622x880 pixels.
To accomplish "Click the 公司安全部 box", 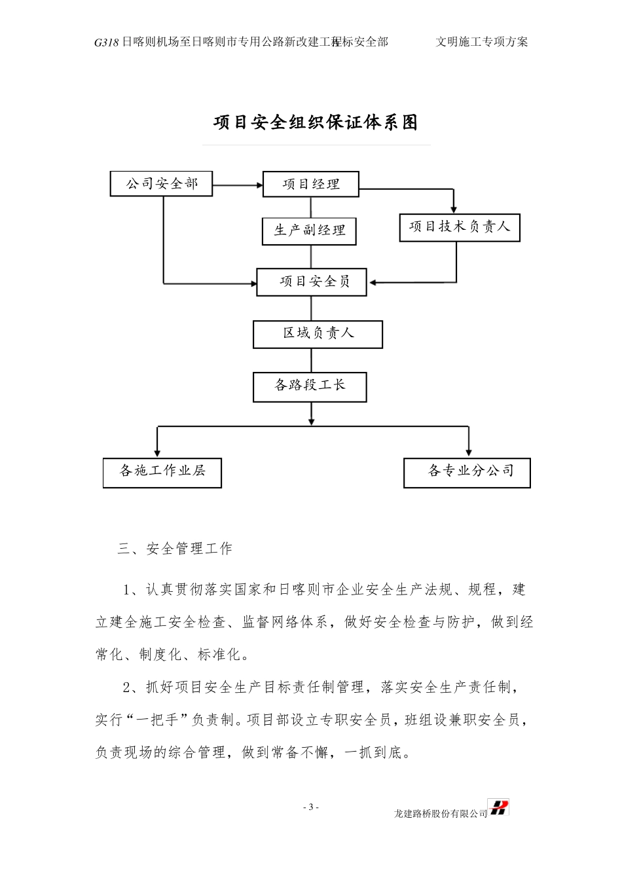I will (x=161, y=184).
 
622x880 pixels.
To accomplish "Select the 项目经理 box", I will (x=310, y=184).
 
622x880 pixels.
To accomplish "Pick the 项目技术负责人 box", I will (x=460, y=227).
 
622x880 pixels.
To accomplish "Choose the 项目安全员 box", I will (x=312, y=282).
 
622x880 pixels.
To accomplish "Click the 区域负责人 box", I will (x=318, y=334).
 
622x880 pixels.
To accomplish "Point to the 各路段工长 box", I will (x=310, y=386).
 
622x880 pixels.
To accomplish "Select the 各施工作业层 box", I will (x=162, y=472).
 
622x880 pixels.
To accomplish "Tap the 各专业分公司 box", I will (x=467, y=472).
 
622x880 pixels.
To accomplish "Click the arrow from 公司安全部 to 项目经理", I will (x=237, y=185).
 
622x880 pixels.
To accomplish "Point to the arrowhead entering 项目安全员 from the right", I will (x=373, y=283).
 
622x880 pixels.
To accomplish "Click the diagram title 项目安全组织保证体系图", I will (x=316, y=122).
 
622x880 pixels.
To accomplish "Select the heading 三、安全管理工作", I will (x=175, y=549).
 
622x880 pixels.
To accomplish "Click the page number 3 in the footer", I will (x=312, y=807).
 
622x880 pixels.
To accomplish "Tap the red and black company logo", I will (x=499, y=808).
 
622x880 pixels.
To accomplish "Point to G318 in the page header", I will (x=106, y=43).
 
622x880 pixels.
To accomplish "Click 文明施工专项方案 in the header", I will (x=481, y=42).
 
